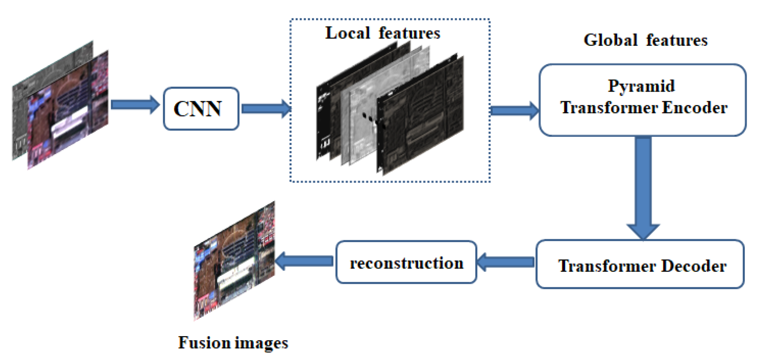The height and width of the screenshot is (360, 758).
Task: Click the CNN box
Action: pos(201,109)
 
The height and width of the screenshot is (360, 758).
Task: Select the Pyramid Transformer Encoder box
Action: pos(642,100)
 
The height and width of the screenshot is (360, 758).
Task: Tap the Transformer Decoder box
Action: pos(640,264)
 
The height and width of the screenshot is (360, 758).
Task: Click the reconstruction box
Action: pos(406,262)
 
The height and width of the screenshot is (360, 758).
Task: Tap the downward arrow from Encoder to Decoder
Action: pos(643,188)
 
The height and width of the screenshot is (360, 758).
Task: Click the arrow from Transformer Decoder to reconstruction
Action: pos(506,262)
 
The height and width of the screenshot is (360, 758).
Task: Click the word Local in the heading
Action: pos(348,33)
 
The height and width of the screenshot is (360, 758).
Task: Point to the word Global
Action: pos(610,40)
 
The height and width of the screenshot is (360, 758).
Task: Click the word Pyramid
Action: pos(641,86)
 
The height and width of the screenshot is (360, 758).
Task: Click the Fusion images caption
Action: pos(233,343)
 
